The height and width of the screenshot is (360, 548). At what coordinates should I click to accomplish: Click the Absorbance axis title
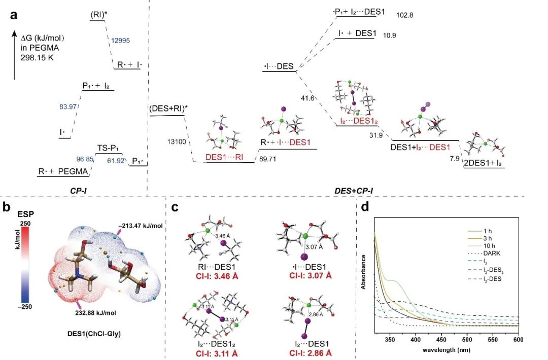(x=364, y=276)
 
